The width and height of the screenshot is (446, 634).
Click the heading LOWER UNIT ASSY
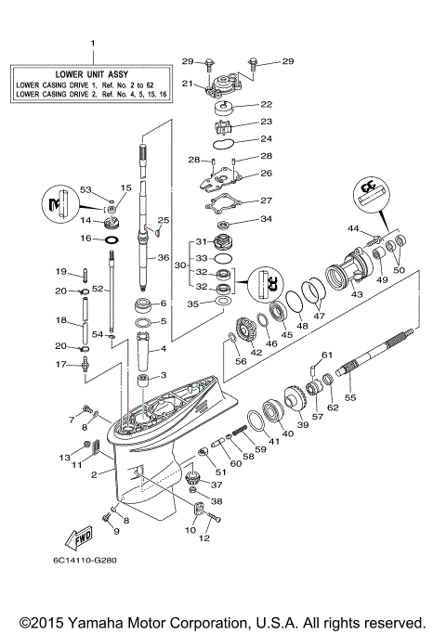coord(91,72)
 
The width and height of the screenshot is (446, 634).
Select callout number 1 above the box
coord(92,44)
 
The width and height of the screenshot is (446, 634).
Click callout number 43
coord(357,294)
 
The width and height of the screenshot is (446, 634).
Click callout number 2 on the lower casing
coord(95,474)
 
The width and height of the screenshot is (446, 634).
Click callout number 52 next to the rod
coord(96,290)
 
